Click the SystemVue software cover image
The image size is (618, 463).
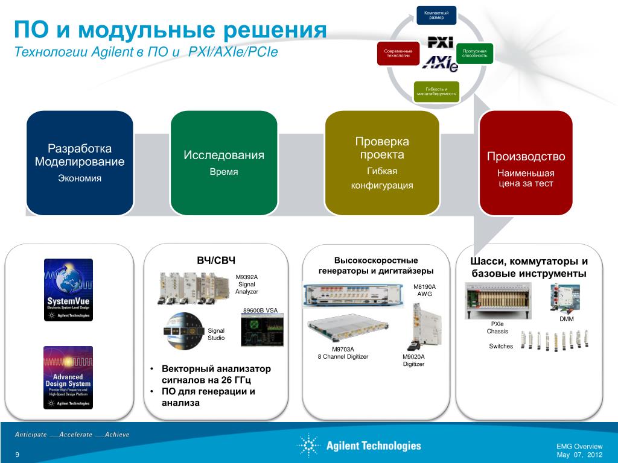68,290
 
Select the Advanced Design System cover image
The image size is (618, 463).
68,377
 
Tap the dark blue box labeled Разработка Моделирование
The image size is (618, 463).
80,163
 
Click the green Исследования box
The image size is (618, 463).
224,163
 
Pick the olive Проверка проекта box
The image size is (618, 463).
382,163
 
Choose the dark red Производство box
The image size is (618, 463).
526,163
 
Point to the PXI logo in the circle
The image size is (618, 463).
440,42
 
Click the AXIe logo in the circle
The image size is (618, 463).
439,63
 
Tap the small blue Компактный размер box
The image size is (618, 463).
436,15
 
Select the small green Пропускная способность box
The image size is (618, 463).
474,54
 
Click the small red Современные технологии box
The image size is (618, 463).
398,54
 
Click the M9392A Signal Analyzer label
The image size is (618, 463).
247,285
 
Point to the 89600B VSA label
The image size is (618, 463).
260,310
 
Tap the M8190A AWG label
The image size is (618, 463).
425,290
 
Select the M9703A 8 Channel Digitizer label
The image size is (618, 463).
343,353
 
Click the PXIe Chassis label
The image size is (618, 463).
497,327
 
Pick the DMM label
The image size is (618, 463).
566,319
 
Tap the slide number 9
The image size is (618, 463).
17,454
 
